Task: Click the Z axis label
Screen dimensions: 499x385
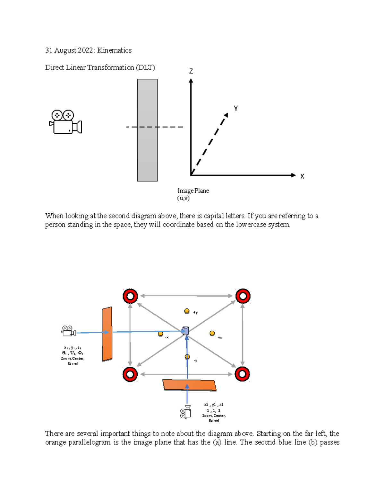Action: tap(191, 71)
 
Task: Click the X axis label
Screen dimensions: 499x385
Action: tap(302, 176)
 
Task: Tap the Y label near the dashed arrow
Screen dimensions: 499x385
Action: tap(236, 108)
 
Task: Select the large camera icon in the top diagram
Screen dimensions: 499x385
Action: tap(65, 122)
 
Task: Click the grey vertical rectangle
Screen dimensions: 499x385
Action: tap(147, 130)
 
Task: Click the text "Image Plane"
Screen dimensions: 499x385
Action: tap(193, 191)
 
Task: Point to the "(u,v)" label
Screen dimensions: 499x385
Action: tap(184, 198)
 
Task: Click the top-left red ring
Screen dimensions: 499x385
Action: tap(130, 296)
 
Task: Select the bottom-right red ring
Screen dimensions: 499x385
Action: tap(242, 374)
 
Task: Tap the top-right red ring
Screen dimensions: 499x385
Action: tap(243, 296)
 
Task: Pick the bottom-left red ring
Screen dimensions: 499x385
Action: tap(130, 374)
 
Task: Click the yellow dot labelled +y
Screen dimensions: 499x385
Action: tap(187, 311)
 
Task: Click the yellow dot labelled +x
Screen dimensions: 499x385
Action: tap(212, 333)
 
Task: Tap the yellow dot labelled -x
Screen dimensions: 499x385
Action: tap(160, 334)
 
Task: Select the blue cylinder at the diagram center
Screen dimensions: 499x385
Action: tap(185, 331)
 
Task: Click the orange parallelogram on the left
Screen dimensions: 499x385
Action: tap(107, 334)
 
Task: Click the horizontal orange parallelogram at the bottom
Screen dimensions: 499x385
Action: tap(189, 385)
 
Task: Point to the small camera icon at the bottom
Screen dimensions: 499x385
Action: tap(186, 412)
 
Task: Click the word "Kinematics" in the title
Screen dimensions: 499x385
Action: tap(114, 50)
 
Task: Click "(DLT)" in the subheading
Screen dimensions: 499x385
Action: tap(145, 68)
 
